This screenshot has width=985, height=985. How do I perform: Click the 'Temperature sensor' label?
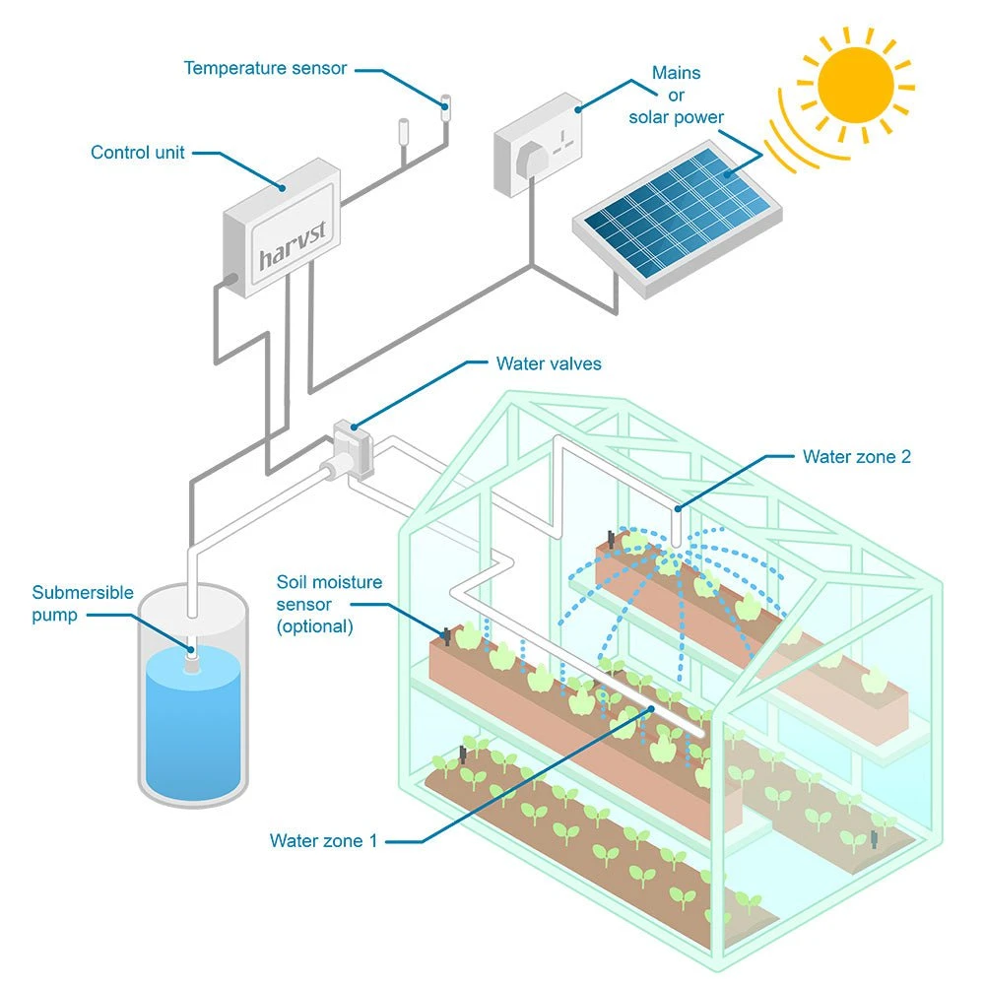(266, 68)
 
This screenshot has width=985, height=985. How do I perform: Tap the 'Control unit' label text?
(138, 153)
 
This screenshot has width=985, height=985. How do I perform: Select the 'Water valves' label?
(549, 363)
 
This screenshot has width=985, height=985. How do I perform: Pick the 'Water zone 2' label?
(855, 456)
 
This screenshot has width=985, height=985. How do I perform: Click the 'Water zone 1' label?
(323, 841)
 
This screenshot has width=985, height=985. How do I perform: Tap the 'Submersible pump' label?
(83, 603)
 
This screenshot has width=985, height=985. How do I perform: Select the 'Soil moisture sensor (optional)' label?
(329, 604)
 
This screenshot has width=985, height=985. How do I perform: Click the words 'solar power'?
(677, 117)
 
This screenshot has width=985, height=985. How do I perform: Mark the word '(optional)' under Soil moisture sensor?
(315, 625)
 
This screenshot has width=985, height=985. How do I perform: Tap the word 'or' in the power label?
(677, 96)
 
